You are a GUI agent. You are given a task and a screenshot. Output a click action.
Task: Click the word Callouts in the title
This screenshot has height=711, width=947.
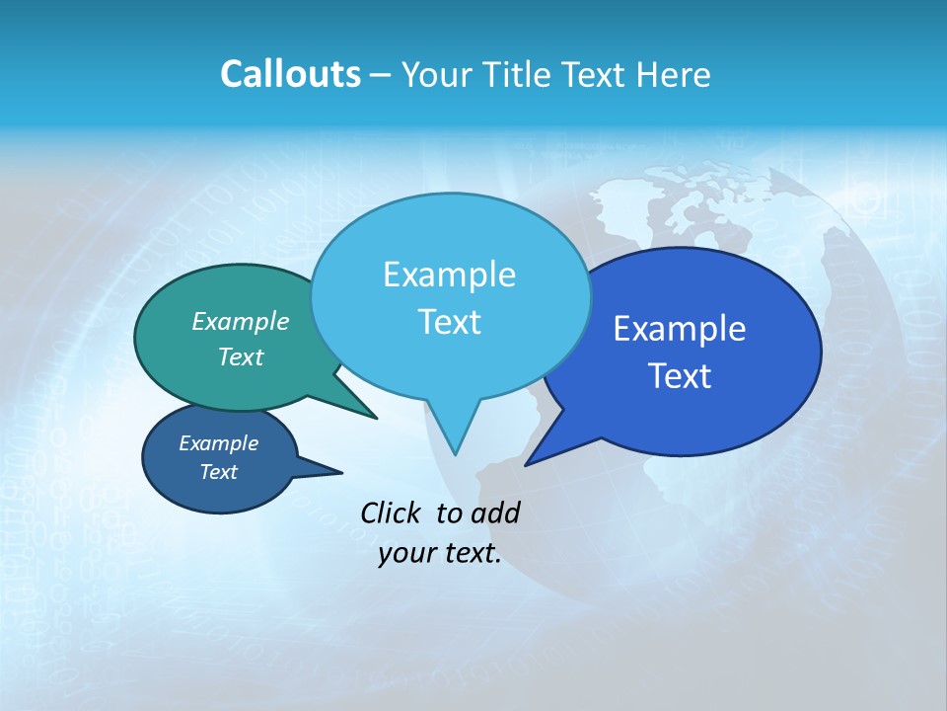(x=290, y=74)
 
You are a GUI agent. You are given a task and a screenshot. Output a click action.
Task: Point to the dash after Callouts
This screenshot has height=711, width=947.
(x=381, y=75)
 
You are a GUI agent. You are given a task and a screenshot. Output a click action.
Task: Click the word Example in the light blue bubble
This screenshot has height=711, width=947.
(x=449, y=274)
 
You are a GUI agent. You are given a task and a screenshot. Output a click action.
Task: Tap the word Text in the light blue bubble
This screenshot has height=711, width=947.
(x=449, y=322)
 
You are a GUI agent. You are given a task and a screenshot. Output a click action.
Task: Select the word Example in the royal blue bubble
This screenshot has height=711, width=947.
(x=680, y=328)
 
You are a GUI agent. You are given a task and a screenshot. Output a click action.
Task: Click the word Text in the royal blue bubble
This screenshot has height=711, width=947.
(x=680, y=376)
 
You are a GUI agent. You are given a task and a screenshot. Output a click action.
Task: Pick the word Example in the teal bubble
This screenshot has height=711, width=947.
(x=240, y=321)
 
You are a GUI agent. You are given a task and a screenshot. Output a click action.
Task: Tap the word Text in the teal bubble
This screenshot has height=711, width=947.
(x=240, y=356)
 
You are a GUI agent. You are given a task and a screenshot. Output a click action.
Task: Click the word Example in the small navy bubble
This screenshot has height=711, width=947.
(x=218, y=443)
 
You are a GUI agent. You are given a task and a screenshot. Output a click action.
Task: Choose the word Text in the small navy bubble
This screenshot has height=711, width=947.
(x=218, y=472)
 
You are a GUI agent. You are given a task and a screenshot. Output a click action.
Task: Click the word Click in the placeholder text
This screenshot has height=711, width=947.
(x=392, y=513)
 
